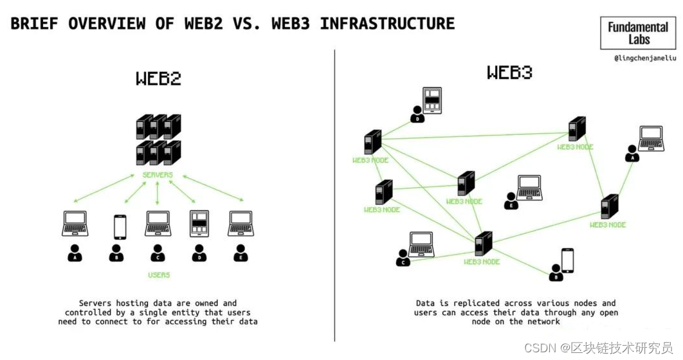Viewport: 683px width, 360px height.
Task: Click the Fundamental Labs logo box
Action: [x=637, y=33]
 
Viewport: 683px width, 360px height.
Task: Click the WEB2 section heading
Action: [x=158, y=78]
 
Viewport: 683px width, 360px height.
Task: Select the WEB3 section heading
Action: [x=509, y=72]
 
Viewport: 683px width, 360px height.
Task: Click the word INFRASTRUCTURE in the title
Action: [x=387, y=24]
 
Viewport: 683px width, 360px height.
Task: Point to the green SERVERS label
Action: [x=158, y=175]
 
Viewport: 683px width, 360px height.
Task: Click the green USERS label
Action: [x=158, y=274]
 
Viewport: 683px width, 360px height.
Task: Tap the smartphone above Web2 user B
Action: [x=119, y=226]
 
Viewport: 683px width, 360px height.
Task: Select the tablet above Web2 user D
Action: [x=199, y=224]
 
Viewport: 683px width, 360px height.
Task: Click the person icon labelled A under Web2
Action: [x=75, y=253]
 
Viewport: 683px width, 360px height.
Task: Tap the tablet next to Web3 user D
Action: [x=432, y=101]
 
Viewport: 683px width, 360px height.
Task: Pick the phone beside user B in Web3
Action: [x=567, y=261]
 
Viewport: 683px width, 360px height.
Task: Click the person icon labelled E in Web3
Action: [x=511, y=201]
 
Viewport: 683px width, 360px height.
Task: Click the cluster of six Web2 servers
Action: [x=158, y=139]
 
